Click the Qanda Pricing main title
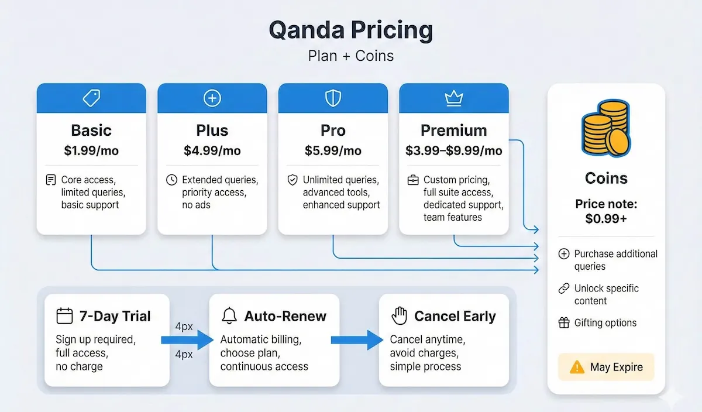coord(350,30)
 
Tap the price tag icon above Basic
coord(91,98)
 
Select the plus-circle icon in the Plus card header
coord(212,98)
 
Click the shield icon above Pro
coord(333,98)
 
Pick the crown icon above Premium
coord(453,98)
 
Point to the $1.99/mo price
coord(91,151)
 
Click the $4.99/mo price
coord(212,151)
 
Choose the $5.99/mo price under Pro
coord(333,151)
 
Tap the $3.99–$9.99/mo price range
coord(453,151)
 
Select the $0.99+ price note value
coord(606,219)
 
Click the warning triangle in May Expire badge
coord(577,368)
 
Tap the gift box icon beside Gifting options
coord(564,322)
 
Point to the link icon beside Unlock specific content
coord(564,289)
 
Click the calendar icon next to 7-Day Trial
coord(64,317)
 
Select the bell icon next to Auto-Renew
coord(229,317)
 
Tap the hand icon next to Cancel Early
coord(399,317)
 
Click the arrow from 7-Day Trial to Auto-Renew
coord(187,340)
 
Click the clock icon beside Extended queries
coord(171,180)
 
